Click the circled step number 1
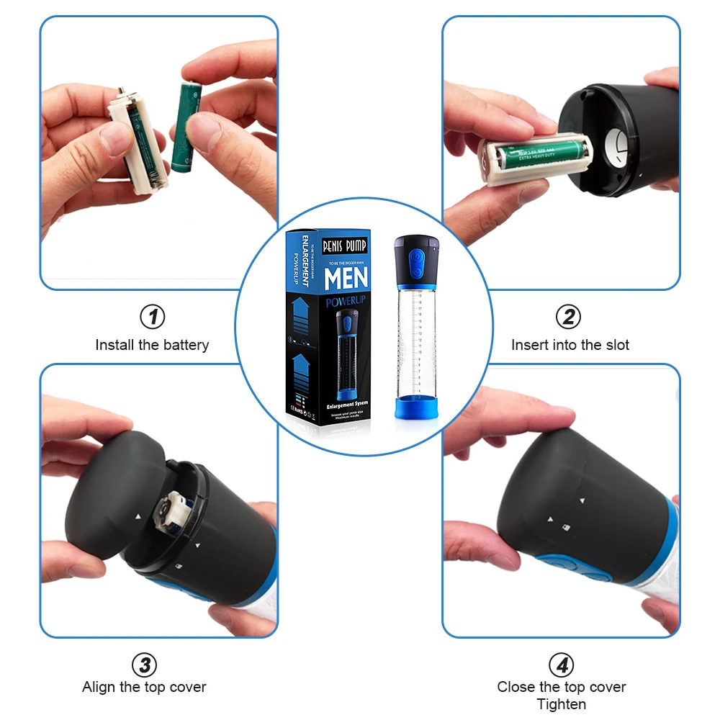coord(152,316)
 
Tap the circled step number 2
coord(569,316)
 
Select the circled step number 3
coord(144,665)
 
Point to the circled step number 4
coord(562,665)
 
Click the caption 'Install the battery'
coord(152,345)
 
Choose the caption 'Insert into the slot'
coord(570,345)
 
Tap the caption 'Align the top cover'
coord(144,687)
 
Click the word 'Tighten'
coord(562,704)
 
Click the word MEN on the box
coord(346,278)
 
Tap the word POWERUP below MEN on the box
coord(346,302)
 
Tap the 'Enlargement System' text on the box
coord(346,404)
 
